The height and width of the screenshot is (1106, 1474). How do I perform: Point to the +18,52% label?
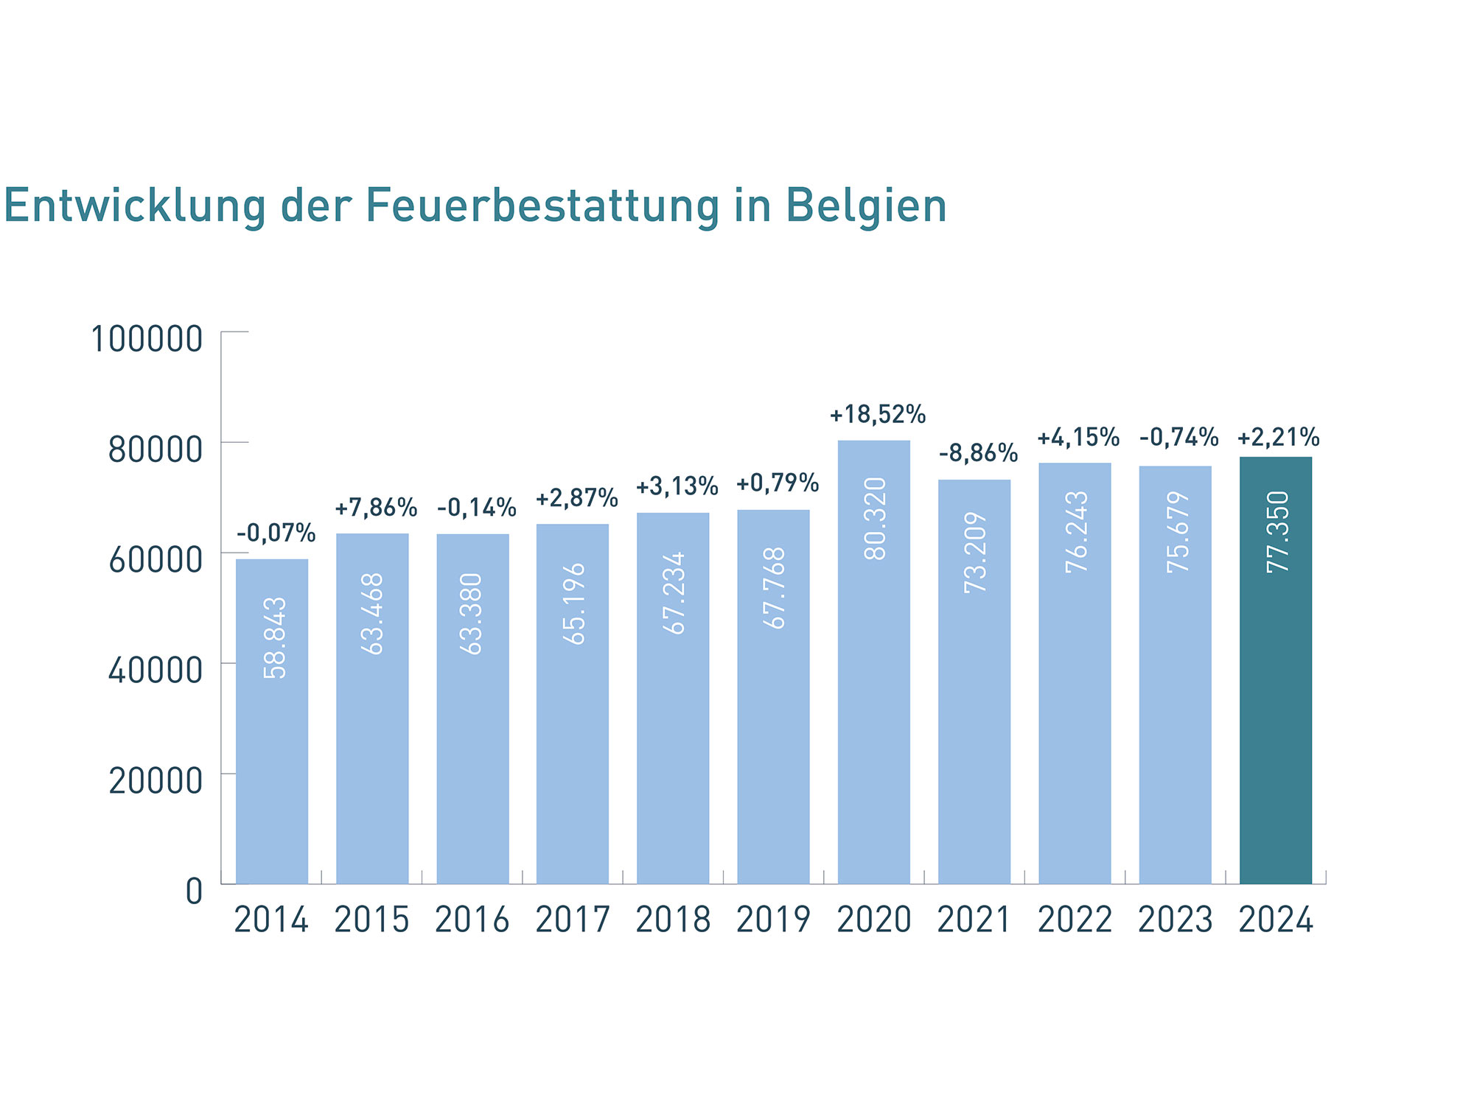[x=877, y=415]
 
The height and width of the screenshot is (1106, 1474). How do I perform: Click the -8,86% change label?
[x=978, y=453]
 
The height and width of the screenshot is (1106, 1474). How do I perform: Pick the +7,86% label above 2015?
[x=376, y=508]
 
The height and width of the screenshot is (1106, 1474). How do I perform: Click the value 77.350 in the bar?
[x=1277, y=531]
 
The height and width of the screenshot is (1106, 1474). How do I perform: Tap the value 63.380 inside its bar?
[x=472, y=613]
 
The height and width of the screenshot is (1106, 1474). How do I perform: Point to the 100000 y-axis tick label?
[x=147, y=340]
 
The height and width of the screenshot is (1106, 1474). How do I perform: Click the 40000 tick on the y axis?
[x=156, y=671]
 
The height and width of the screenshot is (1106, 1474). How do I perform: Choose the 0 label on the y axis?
[x=194, y=892]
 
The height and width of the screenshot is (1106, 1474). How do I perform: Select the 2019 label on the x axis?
[x=773, y=920]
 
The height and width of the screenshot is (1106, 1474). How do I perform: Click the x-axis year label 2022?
[x=1075, y=920]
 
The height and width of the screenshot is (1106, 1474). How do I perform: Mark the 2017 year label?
[x=573, y=920]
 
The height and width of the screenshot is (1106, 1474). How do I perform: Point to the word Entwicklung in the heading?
[x=135, y=206]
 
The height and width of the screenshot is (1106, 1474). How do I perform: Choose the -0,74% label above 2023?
[x=1178, y=438]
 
